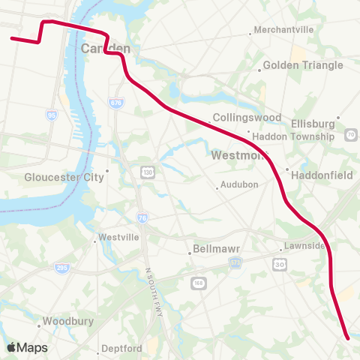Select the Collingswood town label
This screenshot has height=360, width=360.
(247, 118)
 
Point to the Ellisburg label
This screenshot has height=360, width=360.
(314, 122)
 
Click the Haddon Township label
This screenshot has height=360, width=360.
(293, 136)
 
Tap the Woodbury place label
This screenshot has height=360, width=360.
(67, 321)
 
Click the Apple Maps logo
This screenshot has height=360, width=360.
(27, 347)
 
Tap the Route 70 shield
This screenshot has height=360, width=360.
(352, 135)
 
